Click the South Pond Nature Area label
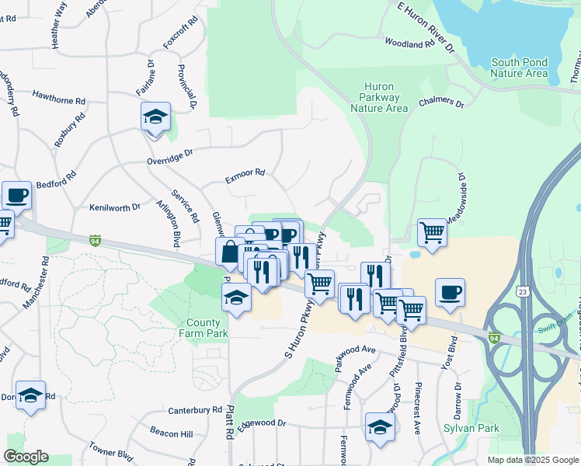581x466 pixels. coord(519,68)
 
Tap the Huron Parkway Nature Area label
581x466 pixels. coord(379,97)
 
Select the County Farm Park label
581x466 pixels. coord(207,328)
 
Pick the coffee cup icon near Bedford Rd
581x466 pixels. coord(16,195)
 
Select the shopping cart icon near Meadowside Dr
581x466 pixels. coord(432,231)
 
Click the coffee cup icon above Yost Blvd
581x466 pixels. coord(450,292)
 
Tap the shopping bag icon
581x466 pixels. coord(230,252)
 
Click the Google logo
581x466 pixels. coord(26,457)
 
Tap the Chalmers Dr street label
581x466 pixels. coord(440,103)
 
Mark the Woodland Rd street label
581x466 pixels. coord(408,44)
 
